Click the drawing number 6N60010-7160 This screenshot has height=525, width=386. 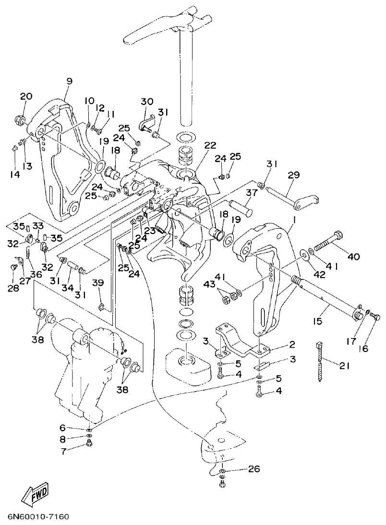pos(38,517)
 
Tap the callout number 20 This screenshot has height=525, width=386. pos(26,96)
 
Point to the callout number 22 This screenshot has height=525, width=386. pos(210,145)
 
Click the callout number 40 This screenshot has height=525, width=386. pos(353,257)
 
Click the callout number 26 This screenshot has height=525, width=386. pos(254,469)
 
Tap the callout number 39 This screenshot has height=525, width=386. pos(98,283)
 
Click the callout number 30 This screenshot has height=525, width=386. pos(147,101)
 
